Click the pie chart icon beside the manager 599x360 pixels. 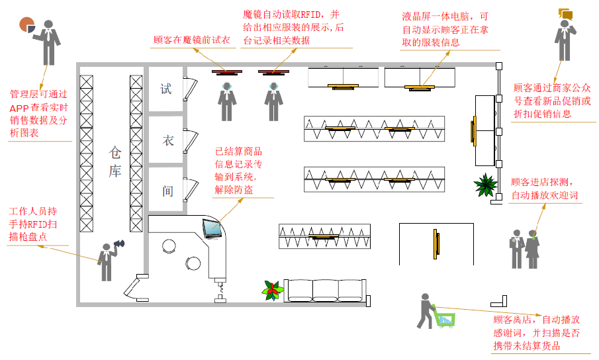tap(27, 24)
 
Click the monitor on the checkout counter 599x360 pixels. tap(212, 228)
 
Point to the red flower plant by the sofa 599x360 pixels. tap(271, 289)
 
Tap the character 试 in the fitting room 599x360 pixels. tap(165, 89)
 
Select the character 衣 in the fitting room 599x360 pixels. tap(167, 140)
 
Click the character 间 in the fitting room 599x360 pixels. tap(167, 191)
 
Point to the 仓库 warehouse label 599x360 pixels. tap(115, 162)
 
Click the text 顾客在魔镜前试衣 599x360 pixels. tap(191, 40)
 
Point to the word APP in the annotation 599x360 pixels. tap(19, 108)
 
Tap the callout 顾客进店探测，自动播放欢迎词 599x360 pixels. tap(544, 189)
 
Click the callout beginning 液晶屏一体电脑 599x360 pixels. tap(445, 29)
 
